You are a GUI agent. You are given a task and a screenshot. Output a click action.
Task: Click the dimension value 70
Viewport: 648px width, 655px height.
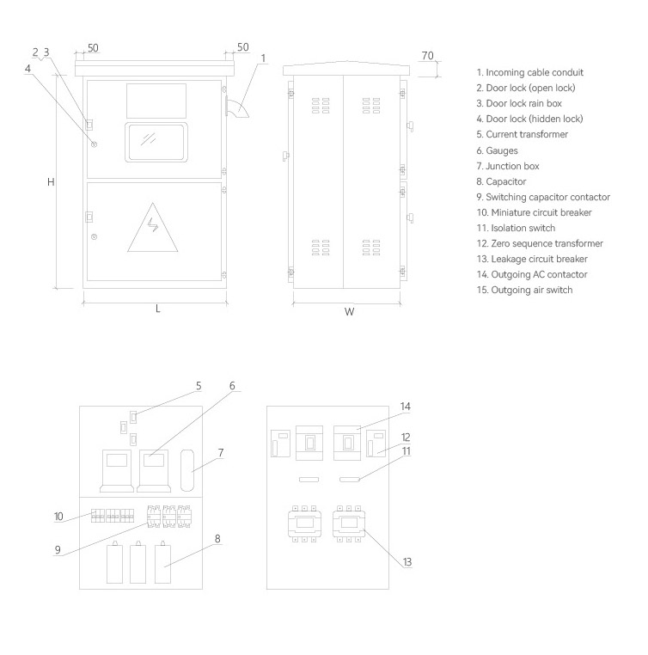click(x=427, y=56)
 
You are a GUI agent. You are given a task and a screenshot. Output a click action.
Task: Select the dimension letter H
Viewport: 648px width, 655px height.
click(x=51, y=182)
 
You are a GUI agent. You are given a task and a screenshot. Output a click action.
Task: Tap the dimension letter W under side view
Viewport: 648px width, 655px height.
click(x=350, y=312)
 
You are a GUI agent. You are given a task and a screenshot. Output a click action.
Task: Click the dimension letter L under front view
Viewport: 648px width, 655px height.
click(x=157, y=309)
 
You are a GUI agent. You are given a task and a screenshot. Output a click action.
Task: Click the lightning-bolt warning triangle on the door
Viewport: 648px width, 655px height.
click(x=154, y=227)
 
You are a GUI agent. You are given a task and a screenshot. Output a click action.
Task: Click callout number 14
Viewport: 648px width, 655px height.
click(x=406, y=406)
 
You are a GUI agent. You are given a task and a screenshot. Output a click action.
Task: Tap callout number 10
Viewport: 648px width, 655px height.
click(x=58, y=517)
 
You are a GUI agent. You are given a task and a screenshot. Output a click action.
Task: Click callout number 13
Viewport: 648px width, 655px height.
click(x=407, y=561)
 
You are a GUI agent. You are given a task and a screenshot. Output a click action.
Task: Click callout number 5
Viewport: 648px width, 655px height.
click(x=199, y=386)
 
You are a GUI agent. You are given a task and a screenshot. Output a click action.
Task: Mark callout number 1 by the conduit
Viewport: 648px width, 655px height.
click(x=263, y=58)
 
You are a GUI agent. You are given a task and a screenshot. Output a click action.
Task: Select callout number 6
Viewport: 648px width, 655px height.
click(x=232, y=386)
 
